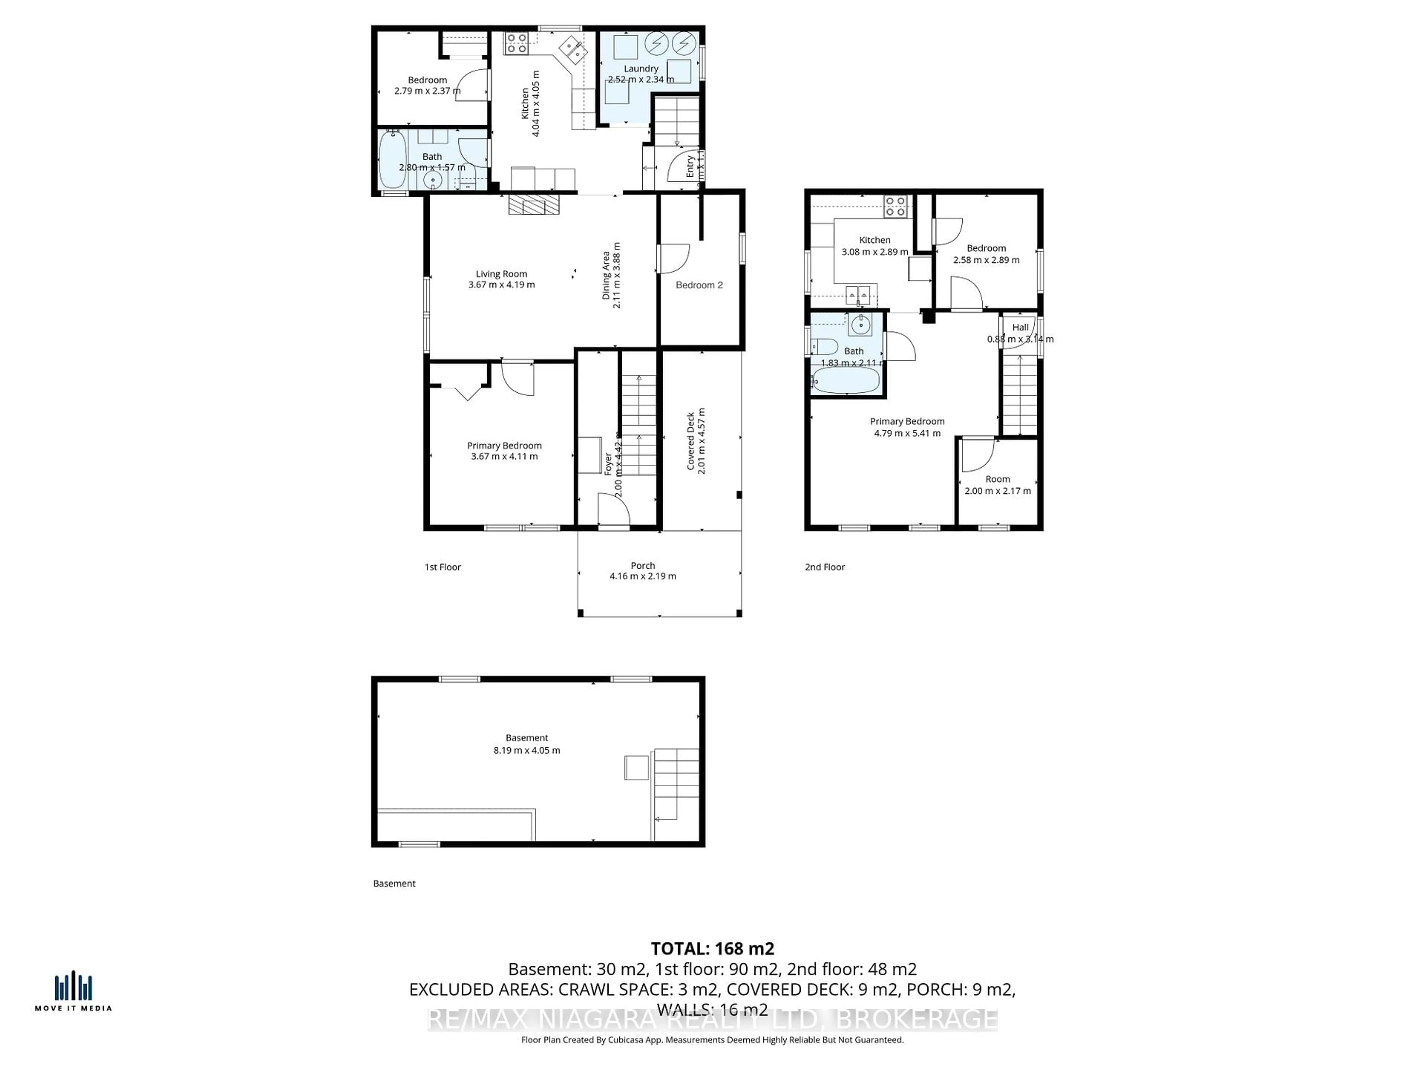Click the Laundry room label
pos(641,68)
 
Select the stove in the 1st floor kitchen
pos(516,43)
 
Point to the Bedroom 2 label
pos(699,285)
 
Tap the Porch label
pos(642,565)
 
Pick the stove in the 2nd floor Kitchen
pos(895,206)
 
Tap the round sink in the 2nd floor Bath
pos(861,325)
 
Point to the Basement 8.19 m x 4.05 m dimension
pos(526,750)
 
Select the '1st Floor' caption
pos(443,567)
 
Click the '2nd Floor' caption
pos(825,567)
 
